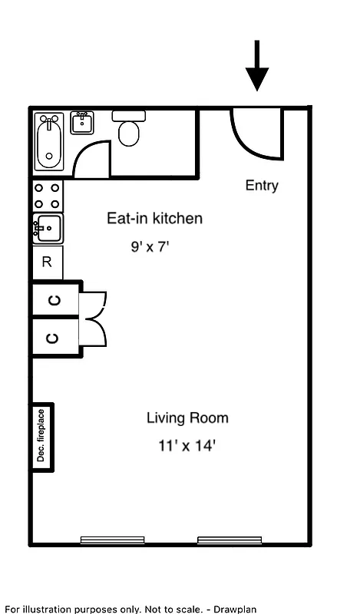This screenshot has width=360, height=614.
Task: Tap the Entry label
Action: pos(262,185)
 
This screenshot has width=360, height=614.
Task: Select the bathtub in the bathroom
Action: pos(51,143)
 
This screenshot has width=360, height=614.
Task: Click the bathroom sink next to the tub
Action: pos(82,122)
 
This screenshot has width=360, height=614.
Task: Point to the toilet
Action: pos(129,129)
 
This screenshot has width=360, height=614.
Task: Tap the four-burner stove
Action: pos(47,196)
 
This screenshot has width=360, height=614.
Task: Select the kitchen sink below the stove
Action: pos(47,228)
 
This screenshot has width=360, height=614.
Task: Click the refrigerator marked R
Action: pos(47,262)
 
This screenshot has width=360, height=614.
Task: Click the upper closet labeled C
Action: pos(54,300)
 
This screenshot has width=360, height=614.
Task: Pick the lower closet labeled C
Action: pos(54,337)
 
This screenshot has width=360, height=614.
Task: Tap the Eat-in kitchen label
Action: pos(154,219)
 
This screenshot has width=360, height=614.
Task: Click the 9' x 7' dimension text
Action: pos(149,247)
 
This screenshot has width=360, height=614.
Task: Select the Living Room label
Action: pos(187,418)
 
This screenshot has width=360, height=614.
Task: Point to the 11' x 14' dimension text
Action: pos(182,445)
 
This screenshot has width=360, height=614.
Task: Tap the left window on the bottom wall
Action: pos(112,540)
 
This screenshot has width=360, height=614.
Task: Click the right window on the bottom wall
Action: pos(230,540)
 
